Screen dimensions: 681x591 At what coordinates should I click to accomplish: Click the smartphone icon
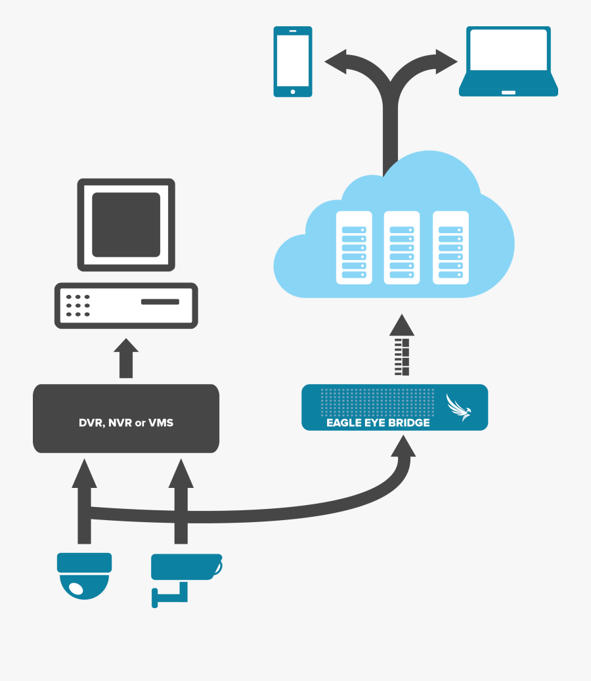(293, 62)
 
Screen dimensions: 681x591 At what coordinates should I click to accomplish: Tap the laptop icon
(508, 62)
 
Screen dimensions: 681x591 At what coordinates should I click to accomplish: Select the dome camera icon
(84, 575)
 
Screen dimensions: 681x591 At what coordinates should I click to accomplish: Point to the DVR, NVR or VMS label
(126, 422)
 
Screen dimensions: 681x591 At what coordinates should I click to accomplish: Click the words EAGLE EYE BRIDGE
(378, 422)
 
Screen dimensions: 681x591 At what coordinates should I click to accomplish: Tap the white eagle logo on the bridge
(459, 407)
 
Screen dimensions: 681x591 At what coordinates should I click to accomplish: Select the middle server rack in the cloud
(402, 247)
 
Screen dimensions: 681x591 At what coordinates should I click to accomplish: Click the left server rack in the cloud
(354, 247)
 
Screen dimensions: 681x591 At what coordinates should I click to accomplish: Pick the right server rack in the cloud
(450, 247)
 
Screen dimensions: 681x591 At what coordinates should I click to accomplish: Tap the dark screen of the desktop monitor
(126, 225)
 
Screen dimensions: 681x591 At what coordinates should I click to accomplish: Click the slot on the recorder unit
(160, 302)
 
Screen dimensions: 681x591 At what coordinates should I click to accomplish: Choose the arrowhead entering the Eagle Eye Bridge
(402, 447)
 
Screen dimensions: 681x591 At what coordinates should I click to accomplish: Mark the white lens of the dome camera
(77, 588)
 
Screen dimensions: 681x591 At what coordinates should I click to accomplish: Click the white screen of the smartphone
(293, 60)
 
